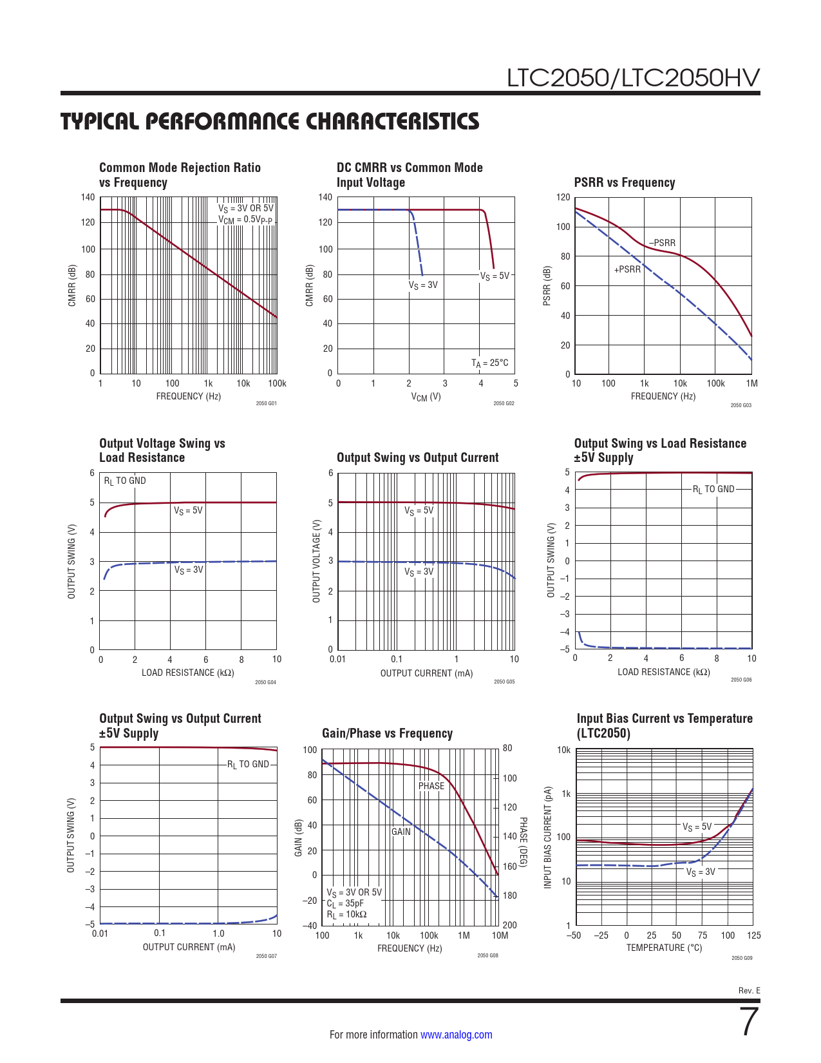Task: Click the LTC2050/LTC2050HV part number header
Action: [x=633, y=78]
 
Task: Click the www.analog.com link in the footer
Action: [x=456, y=1035]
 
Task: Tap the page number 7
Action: [x=750, y=1022]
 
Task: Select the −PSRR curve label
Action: [x=662, y=243]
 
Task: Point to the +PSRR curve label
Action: [x=627, y=269]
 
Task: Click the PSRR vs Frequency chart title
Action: [x=624, y=182]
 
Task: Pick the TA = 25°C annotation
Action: [x=489, y=363]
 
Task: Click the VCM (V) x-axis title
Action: [x=426, y=397]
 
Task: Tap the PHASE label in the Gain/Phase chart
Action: [x=431, y=786]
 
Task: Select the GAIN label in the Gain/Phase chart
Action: [x=401, y=832]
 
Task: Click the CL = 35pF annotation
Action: [x=344, y=903]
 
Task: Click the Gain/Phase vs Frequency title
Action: [x=387, y=733]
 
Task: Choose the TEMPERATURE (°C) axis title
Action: [x=664, y=948]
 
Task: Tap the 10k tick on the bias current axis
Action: [x=563, y=750]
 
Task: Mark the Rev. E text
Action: [x=749, y=990]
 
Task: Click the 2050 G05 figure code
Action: [x=504, y=682]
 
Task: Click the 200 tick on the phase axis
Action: [x=509, y=925]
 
